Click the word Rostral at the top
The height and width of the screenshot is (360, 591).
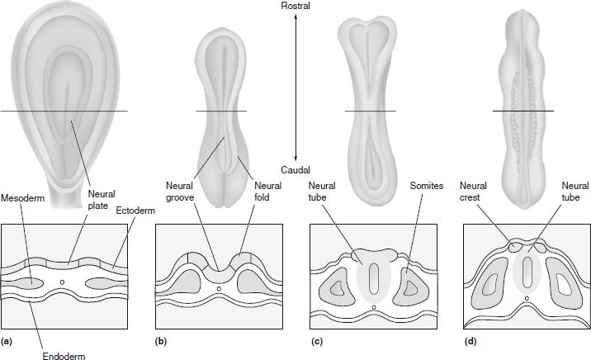[295, 7]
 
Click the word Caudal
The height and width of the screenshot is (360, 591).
[295, 169]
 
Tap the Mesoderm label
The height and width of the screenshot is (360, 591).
[22, 198]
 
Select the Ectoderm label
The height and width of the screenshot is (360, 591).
[131, 209]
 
